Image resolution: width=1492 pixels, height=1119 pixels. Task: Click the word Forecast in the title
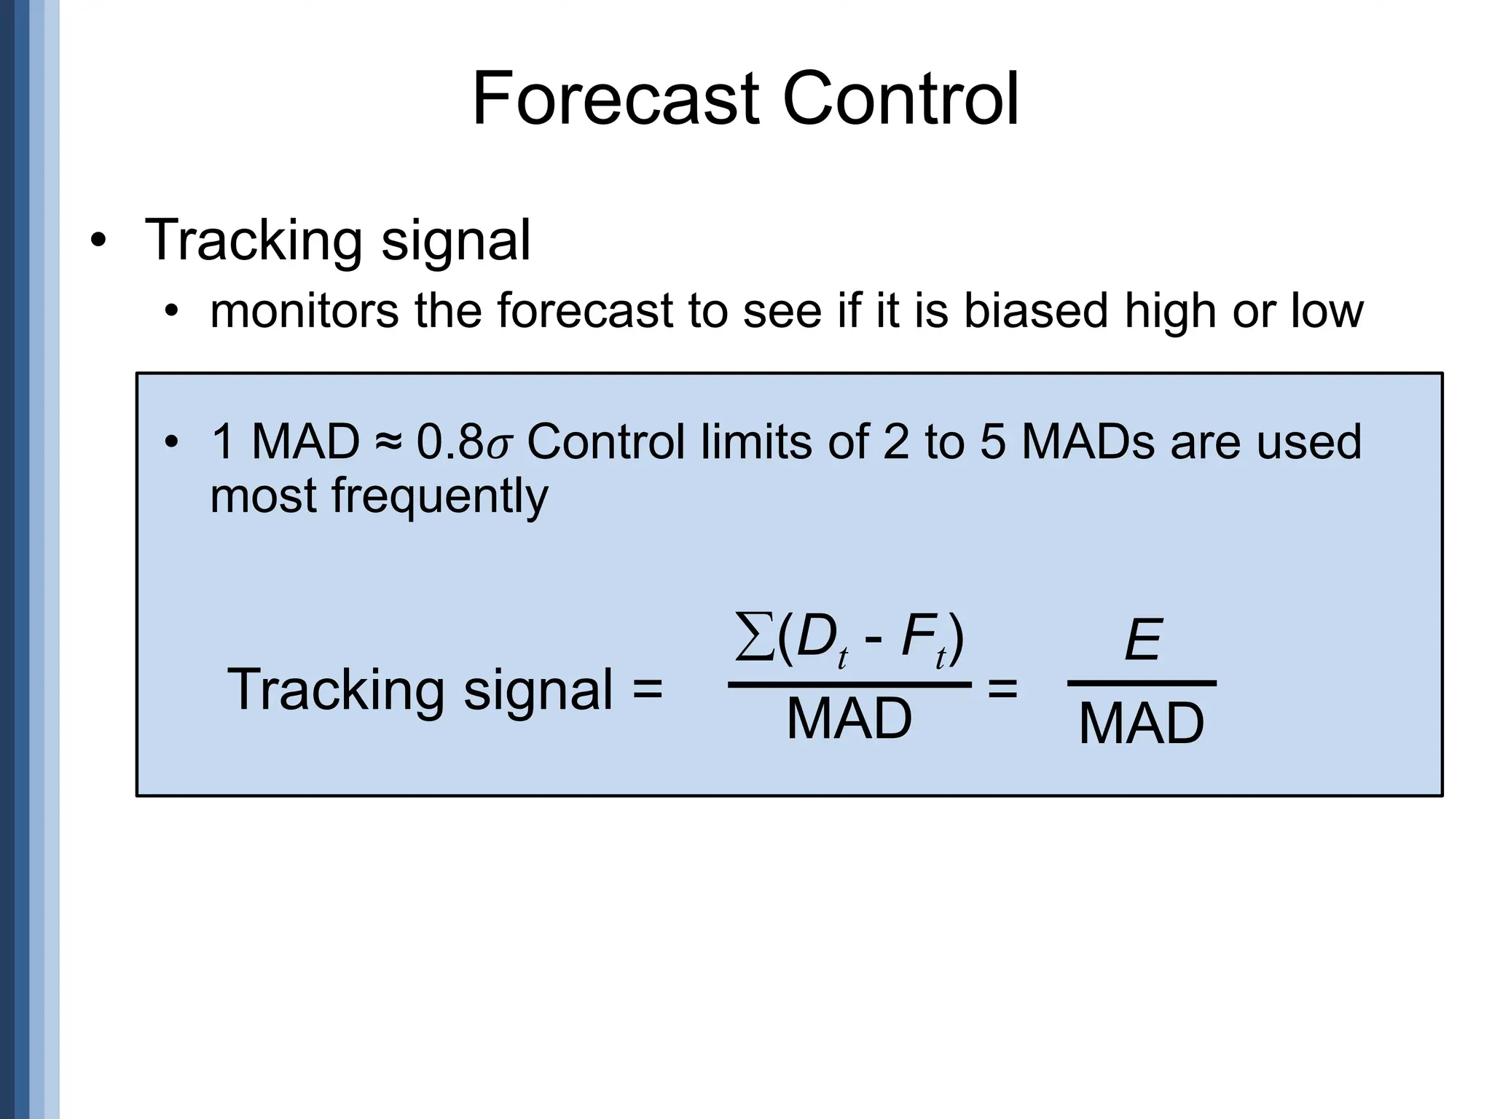pyautogui.click(x=615, y=99)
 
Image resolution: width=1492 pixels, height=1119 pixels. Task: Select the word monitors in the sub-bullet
pyautogui.click(x=304, y=312)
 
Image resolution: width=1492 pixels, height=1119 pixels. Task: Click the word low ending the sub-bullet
pyautogui.click(x=1327, y=310)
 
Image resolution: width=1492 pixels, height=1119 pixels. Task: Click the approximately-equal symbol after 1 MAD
pyautogui.click(x=388, y=442)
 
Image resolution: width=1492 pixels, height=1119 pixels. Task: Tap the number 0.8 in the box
pyautogui.click(x=449, y=442)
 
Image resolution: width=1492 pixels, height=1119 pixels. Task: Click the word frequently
pyautogui.click(x=439, y=498)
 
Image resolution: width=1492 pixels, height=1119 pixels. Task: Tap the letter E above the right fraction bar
pyautogui.click(x=1142, y=640)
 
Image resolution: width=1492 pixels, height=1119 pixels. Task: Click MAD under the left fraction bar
pyautogui.click(x=849, y=719)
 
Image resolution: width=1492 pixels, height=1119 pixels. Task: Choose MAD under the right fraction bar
pyautogui.click(x=1142, y=724)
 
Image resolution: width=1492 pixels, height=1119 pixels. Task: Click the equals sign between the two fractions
pyautogui.click(x=1002, y=688)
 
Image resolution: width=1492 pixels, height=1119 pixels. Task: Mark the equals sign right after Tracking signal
pyautogui.click(x=647, y=688)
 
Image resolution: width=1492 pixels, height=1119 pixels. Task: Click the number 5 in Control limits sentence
pyautogui.click(x=993, y=442)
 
